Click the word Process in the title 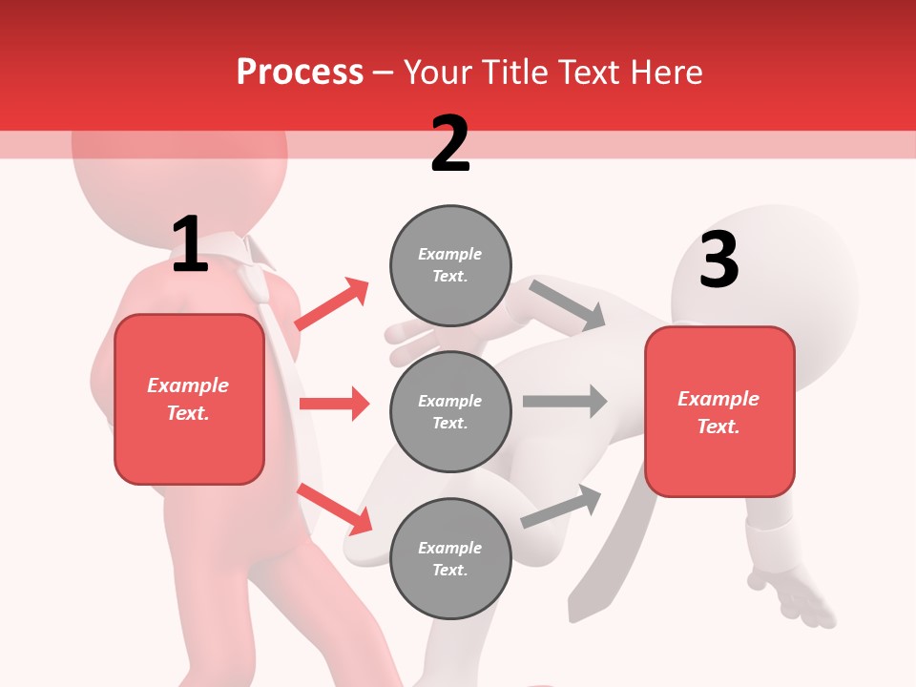(300, 73)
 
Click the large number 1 (190, 245)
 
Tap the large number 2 (450, 144)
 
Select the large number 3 (718, 260)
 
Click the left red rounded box (189, 399)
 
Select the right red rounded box (719, 412)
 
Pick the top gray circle (450, 265)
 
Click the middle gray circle (450, 411)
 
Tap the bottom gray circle (450, 558)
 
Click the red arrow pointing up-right (332, 304)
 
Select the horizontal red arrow (334, 404)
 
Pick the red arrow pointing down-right (334, 509)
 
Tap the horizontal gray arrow (565, 401)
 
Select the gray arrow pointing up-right (561, 507)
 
